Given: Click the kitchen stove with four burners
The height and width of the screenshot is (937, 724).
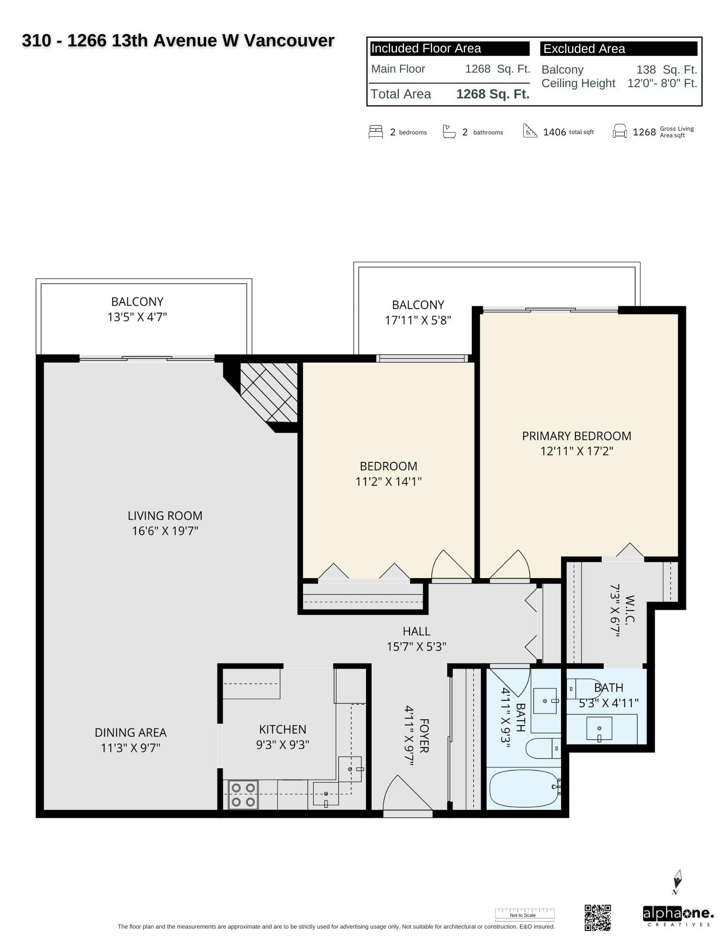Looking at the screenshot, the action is pos(243,795).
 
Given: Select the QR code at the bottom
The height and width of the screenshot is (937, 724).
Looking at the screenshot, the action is pos(598,917).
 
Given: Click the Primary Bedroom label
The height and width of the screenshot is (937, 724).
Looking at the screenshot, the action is pos(576,436).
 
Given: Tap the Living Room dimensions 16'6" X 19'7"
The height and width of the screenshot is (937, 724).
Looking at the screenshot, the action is pos(165,531).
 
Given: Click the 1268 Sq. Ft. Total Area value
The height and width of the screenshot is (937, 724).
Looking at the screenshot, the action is pos(493,94).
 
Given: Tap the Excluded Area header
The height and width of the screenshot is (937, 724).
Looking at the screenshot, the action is pos(584,49).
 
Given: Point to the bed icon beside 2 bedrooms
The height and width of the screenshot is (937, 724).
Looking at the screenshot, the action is pos(376,132).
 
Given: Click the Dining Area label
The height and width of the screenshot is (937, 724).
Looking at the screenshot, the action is pos(130,732).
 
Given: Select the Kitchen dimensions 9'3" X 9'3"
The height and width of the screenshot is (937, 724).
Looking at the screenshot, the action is pos(283,744).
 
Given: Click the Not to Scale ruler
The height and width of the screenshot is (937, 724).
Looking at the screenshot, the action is pos(525,914).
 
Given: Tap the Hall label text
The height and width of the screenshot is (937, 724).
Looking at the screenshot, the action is pos(416,631).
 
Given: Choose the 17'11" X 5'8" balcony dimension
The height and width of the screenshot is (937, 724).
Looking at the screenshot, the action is pos(418,320).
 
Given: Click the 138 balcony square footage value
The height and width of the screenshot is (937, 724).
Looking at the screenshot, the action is pos(646,70).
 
